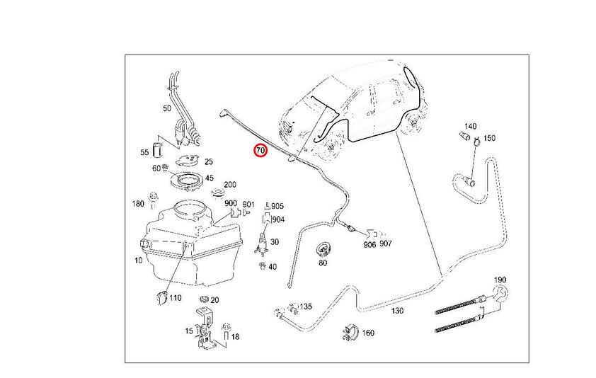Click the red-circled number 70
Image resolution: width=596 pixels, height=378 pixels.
(x=260, y=151)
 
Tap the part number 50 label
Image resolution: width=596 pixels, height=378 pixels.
(x=167, y=108)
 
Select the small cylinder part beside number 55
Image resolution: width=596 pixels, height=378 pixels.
(x=157, y=149)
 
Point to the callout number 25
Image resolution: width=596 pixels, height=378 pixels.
(x=209, y=161)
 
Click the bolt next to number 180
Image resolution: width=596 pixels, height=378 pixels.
(x=154, y=200)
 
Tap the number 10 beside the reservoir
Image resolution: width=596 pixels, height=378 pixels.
(x=138, y=260)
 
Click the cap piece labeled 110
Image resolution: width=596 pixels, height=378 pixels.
(x=162, y=298)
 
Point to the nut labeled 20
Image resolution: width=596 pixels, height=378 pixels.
(x=204, y=299)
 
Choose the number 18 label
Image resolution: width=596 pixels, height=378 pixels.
(x=235, y=336)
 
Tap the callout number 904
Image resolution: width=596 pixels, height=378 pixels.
(x=278, y=219)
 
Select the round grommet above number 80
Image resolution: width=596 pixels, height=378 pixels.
(x=322, y=249)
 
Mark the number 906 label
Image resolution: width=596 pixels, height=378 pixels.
(x=369, y=244)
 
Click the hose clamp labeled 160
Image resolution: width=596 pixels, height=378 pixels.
(x=350, y=333)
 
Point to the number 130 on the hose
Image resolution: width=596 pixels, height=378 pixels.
(x=397, y=311)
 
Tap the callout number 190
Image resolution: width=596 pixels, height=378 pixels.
(x=500, y=280)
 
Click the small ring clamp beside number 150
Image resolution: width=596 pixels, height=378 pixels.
(x=477, y=142)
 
